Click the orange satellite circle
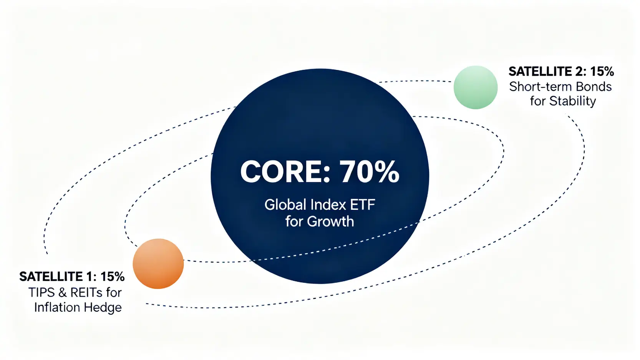point(158,264)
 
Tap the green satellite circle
point(476,87)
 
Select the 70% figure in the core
point(369,172)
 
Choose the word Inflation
point(56,307)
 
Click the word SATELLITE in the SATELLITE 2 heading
point(540,71)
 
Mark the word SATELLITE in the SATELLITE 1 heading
point(51,277)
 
